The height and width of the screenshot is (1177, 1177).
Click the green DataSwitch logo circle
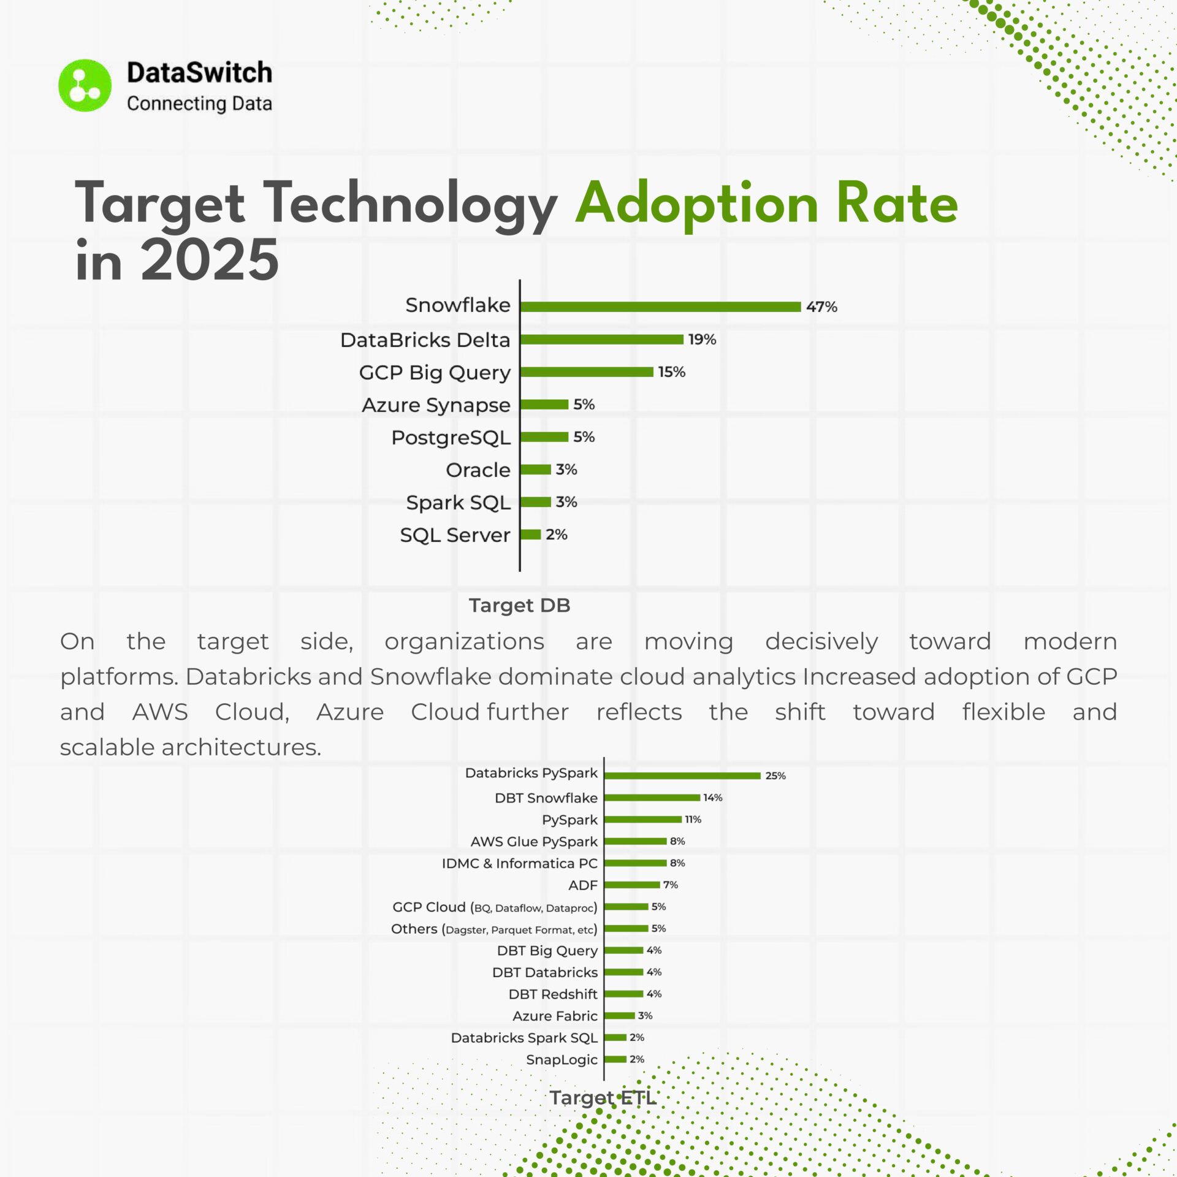point(85,85)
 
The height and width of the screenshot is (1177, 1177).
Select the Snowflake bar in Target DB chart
point(660,307)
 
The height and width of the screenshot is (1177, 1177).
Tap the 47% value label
point(821,307)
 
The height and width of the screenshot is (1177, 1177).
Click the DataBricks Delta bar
point(601,340)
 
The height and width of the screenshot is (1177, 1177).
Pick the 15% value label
point(671,372)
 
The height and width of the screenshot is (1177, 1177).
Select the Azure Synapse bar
point(544,405)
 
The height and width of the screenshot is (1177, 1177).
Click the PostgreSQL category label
point(451,437)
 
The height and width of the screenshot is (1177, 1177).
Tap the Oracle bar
point(536,470)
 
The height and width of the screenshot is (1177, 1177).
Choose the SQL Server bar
point(531,535)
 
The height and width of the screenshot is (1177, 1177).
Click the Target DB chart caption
point(519,605)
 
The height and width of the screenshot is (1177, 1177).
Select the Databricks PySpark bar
point(682,775)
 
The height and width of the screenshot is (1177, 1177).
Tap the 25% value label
point(775,775)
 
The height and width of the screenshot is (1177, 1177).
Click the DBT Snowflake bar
point(652,798)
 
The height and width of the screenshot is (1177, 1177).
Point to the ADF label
point(582,885)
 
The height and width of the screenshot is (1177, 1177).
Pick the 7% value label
point(670,885)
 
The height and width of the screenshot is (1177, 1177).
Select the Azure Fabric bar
point(620,1016)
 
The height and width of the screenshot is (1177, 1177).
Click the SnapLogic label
point(562,1060)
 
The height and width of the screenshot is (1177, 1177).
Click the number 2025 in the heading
point(210,261)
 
